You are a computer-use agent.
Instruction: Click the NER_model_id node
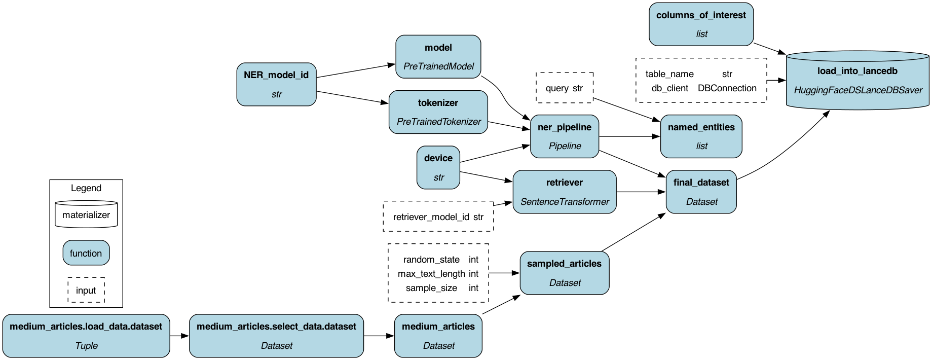276,84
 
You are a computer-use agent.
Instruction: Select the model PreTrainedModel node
438,57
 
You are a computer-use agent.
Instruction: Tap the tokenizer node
438,112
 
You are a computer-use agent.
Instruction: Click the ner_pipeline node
564,136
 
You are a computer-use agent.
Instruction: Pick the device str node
438,167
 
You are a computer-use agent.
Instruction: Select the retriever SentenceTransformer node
564,192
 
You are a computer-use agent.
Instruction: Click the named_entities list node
701,136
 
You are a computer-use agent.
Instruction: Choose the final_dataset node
701,192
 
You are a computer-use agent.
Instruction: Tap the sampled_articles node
564,273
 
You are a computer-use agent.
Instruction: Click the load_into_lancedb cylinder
857,81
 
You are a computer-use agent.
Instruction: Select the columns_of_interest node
701,24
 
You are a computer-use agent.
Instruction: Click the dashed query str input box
564,88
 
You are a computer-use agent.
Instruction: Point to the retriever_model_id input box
438,217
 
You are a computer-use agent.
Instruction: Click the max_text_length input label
431,274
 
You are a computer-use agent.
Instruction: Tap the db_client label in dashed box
669,88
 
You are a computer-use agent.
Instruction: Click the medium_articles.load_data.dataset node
86,336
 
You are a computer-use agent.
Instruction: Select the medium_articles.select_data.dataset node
276,336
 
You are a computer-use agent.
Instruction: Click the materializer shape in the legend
86,214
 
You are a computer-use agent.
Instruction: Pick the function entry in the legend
86,253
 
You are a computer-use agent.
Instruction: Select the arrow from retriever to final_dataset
641,192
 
